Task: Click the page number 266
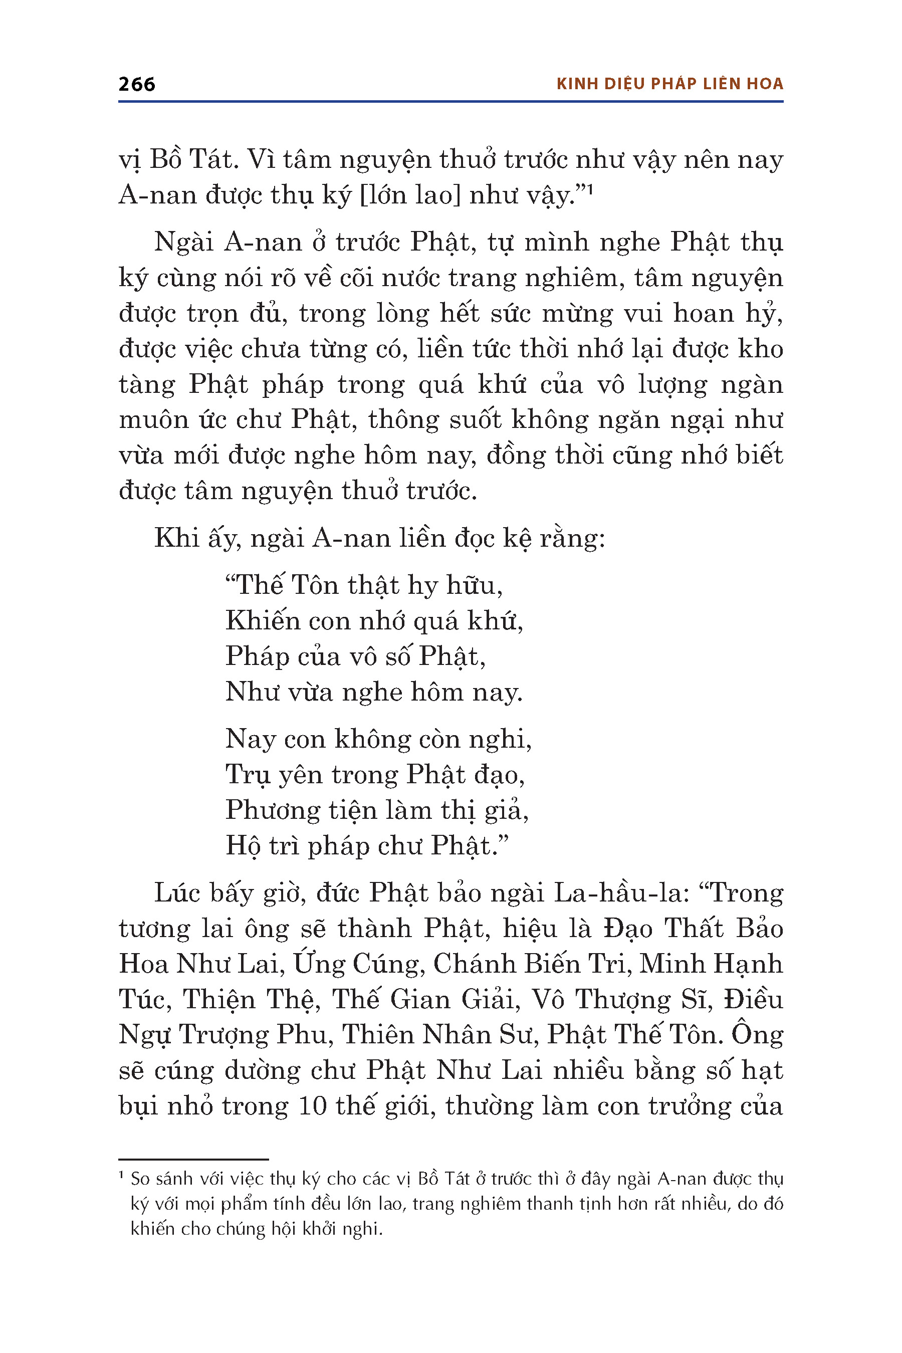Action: (x=136, y=84)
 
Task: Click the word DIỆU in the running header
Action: (x=625, y=84)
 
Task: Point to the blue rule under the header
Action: (x=450, y=102)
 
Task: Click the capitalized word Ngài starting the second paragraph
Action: (x=183, y=243)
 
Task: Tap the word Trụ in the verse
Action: (x=248, y=775)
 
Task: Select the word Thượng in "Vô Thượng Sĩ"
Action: (x=622, y=1000)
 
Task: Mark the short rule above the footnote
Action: (x=193, y=1159)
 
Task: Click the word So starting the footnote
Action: (x=140, y=1179)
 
